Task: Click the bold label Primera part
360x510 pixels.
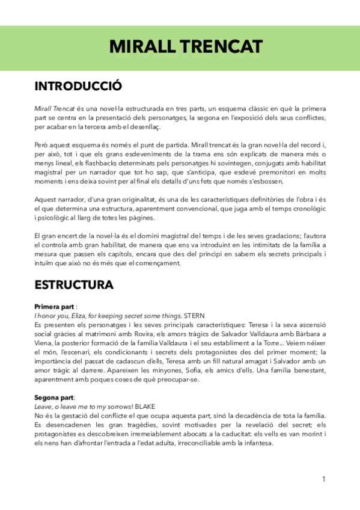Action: click(x=55, y=306)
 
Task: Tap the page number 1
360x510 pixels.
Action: click(x=323, y=479)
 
